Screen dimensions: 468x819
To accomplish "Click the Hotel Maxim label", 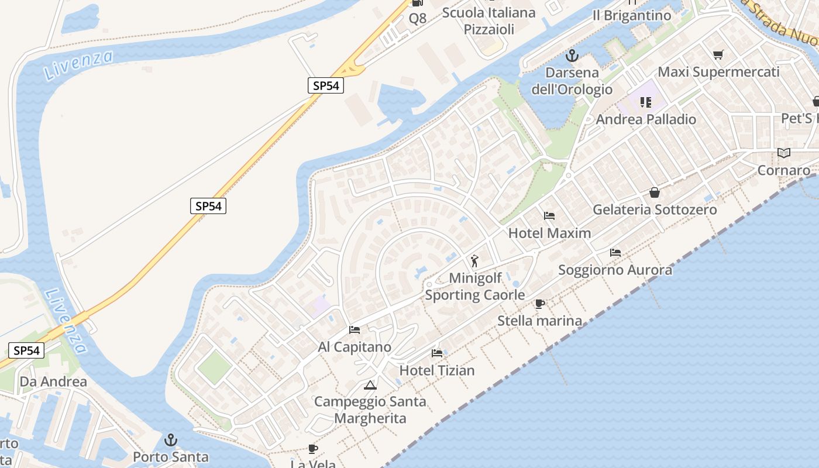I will pos(549,233).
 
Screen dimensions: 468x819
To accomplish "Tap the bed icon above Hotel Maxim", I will pos(549,216).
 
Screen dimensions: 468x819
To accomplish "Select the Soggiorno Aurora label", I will pos(615,270).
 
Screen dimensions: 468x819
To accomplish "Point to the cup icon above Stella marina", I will pos(539,304).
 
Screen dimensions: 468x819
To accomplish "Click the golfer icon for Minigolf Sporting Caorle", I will pos(474,261).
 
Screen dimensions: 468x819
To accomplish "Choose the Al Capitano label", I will pos(355,347).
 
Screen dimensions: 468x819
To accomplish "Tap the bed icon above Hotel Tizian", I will pos(437,353).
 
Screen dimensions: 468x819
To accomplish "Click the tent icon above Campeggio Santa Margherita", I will pos(370,385).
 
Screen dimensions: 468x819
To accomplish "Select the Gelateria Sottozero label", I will pos(655,209).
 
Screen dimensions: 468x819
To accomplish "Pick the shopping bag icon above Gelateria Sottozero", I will pos(655,192).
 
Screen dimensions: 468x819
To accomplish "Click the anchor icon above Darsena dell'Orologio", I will pos(572,56).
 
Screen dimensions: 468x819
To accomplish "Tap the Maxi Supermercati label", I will pos(718,72).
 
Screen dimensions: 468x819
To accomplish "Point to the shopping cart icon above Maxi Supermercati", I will pos(718,55).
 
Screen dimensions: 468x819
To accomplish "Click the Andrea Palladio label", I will pos(646,119).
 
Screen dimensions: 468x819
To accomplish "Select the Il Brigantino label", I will pos(632,16).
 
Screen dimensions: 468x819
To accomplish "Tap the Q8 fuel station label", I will pos(418,18).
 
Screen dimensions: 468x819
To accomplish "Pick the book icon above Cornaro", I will pos(784,153).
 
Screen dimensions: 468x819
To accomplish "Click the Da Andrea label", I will pos(53,382).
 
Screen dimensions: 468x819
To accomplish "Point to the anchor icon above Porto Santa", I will pos(171,439).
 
